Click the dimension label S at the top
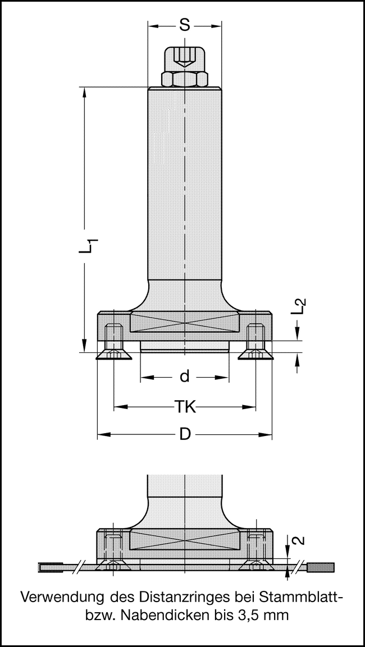(184, 25)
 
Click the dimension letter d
(184, 377)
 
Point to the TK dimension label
(184, 407)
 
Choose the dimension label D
(184, 435)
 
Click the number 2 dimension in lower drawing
(299, 540)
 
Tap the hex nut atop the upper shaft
(184, 79)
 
